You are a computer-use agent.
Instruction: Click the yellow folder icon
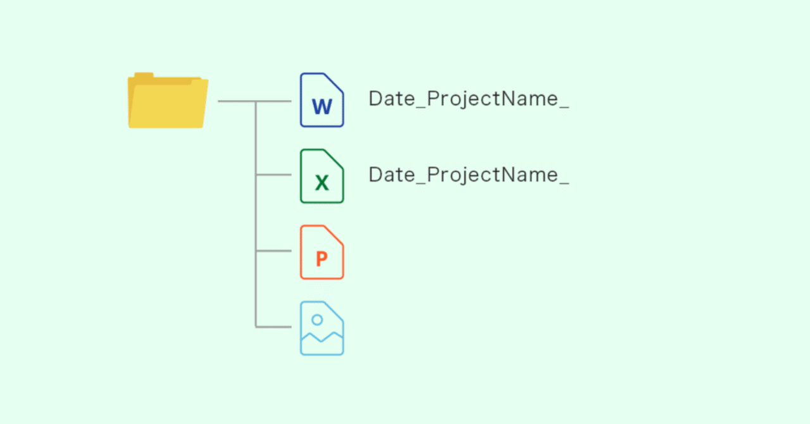[168, 103]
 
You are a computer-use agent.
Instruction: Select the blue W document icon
[321, 100]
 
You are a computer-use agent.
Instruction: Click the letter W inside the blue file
[321, 106]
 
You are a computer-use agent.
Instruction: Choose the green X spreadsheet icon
[321, 176]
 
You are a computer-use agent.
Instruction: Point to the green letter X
[321, 183]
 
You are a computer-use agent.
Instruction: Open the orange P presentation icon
[321, 252]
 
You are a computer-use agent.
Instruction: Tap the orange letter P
[321, 258]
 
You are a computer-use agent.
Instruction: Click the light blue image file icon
[321, 328]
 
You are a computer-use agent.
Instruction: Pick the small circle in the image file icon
[317, 320]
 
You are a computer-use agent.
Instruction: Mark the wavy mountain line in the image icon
[321, 337]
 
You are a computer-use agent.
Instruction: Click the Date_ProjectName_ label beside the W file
[468, 99]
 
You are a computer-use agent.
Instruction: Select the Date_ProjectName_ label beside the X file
[468, 175]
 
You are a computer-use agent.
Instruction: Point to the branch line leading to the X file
[273, 175]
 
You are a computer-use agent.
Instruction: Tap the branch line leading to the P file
[273, 251]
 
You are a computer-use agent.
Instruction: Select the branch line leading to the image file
[273, 327]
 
